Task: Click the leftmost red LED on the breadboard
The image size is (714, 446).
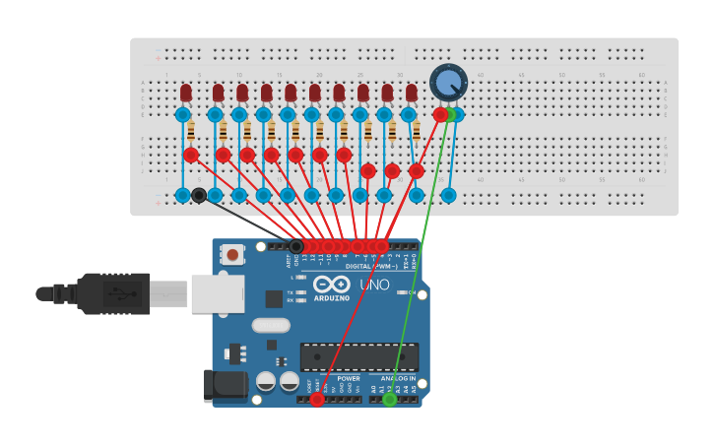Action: pos(186,93)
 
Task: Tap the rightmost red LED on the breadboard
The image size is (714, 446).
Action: pos(411,93)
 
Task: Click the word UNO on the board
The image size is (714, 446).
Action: pos(374,285)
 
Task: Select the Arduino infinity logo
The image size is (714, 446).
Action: pos(331,284)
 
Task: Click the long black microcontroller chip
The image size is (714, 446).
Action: pos(358,356)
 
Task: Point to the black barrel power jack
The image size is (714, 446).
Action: pos(224,385)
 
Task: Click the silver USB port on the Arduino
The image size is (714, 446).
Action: pos(217,293)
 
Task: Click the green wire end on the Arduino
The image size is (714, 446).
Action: pos(390,399)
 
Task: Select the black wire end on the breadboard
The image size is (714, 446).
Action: pos(199,195)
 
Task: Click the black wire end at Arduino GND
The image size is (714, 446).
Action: pos(295,246)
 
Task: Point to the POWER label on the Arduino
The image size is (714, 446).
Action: pos(349,378)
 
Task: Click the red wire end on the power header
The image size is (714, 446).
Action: pos(317,399)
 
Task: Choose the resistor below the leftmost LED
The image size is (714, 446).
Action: pos(191,131)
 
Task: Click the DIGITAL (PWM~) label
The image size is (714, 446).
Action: pos(371,266)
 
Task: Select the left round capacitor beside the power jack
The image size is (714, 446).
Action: pos(265,380)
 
